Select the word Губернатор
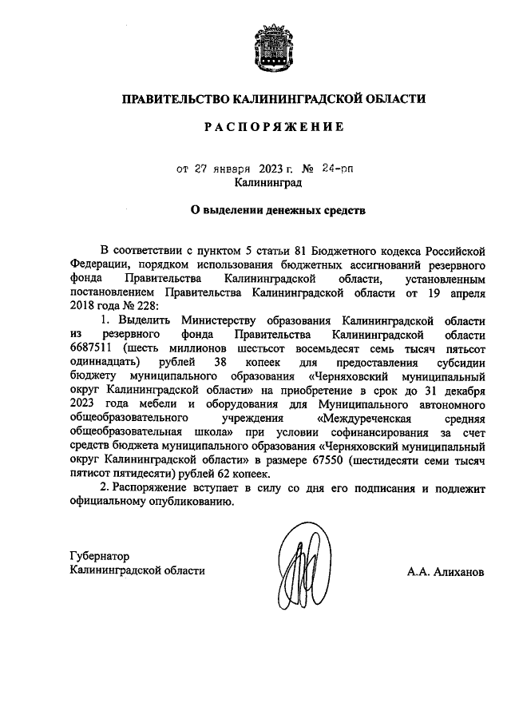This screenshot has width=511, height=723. [x=99, y=556]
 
